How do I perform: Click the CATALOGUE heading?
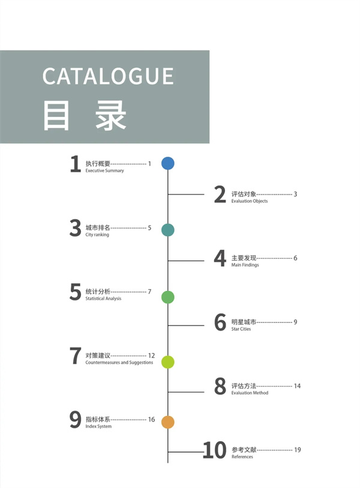pyautogui.click(x=108, y=76)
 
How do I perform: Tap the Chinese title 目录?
pyautogui.click(x=85, y=115)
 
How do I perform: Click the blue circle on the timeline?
pyautogui.click(x=168, y=163)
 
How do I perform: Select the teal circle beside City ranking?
pyautogui.click(x=168, y=230)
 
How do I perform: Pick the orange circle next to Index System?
pyautogui.click(x=168, y=422)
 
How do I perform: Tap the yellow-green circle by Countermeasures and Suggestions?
pyautogui.click(x=168, y=362)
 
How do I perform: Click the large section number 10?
pyautogui.click(x=215, y=450)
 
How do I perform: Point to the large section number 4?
pyautogui.click(x=220, y=258)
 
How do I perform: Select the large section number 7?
pyautogui.click(x=75, y=356)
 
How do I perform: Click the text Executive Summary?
pyautogui.click(x=104, y=170)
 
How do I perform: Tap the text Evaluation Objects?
pyautogui.click(x=249, y=201)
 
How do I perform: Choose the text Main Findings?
pyautogui.click(x=245, y=265)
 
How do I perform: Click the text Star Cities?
pyautogui.click(x=241, y=329)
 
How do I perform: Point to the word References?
pyautogui.click(x=242, y=457)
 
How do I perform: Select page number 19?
pyautogui.click(x=298, y=450)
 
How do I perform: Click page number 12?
pyautogui.click(x=151, y=355)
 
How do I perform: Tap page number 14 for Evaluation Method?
pyautogui.click(x=297, y=386)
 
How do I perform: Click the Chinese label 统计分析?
pyautogui.click(x=98, y=291)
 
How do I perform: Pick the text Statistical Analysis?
pyautogui.click(x=103, y=298)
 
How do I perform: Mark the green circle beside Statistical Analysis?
pyautogui.click(x=168, y=297)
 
